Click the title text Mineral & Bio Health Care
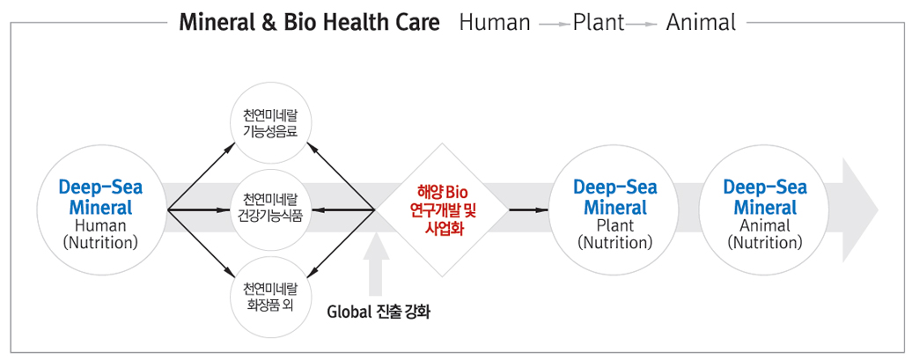click(310, 23)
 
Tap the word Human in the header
click(495, 23)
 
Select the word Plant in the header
click(599, 23)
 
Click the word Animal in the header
click(701, 23)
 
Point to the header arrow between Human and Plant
click(552, 25)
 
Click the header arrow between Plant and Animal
click(642, 25)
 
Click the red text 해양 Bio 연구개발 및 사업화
click(443, 209)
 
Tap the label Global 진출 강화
click(378, 312)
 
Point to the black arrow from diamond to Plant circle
click(529, 209)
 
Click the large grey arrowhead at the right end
click(860, 209)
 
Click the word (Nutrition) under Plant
click(614, 242)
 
